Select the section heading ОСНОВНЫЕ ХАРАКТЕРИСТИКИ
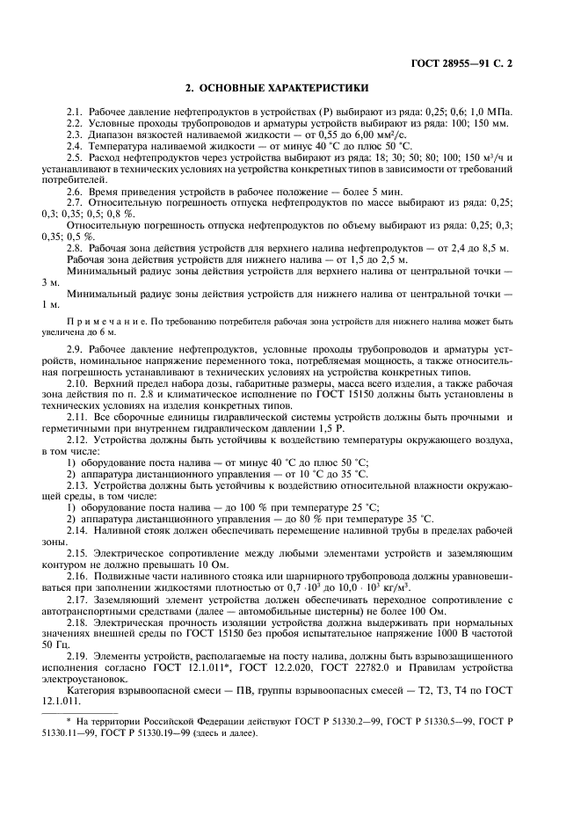278,89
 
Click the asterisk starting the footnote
69,721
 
